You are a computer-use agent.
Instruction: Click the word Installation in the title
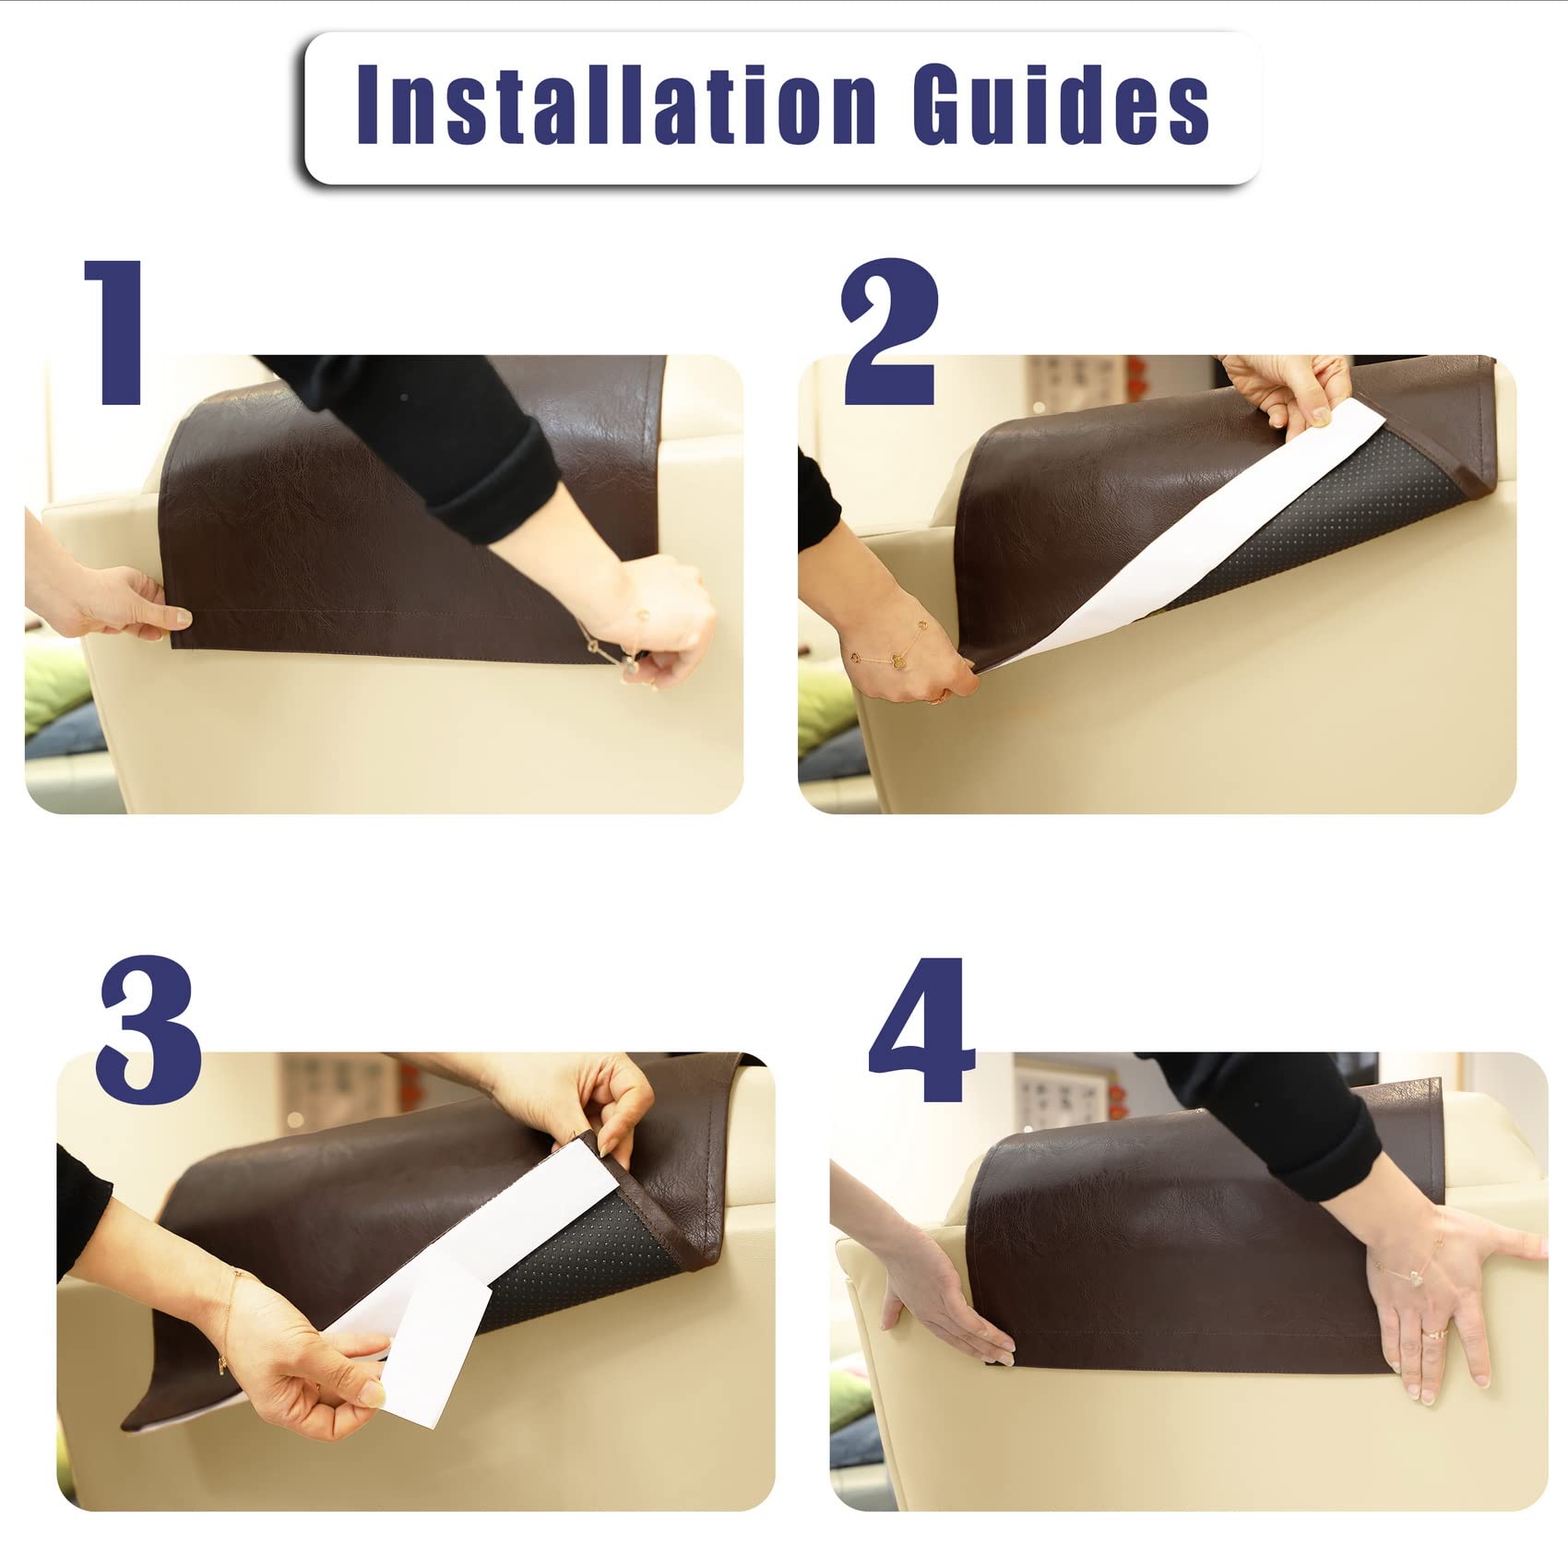(616, 104)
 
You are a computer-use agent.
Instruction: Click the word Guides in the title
(1061, 104)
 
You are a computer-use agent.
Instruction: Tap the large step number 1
(115, 332)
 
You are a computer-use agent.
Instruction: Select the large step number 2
(890, 332)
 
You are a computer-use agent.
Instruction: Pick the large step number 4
(921, 1029)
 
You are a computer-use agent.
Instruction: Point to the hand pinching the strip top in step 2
(1287, 392)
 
